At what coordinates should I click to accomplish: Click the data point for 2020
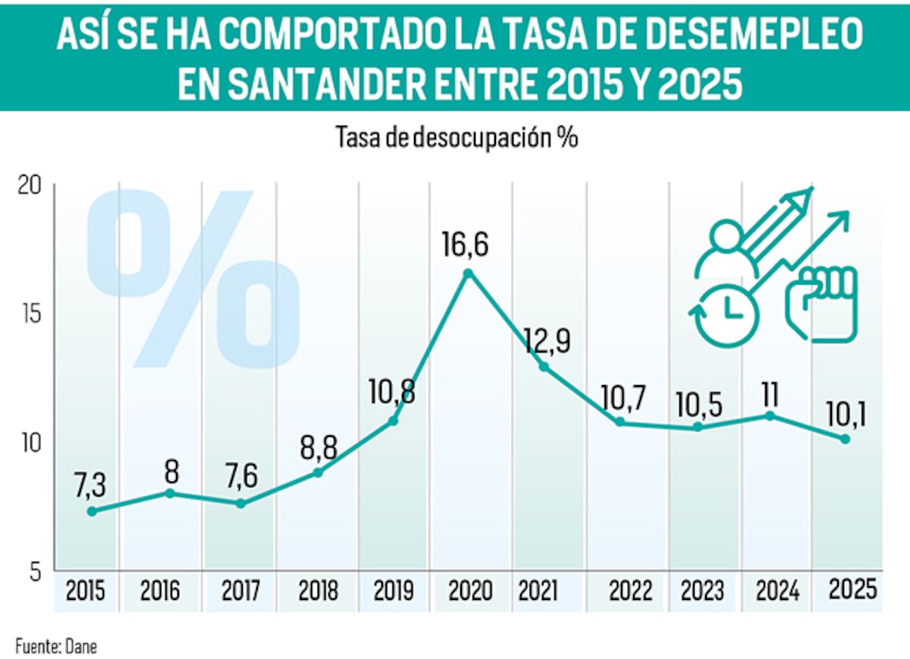click(468, 273)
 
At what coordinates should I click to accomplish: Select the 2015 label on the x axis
click(86, 590)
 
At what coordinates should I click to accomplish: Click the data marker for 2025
click(845, 438)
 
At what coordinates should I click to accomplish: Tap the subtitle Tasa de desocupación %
click(457, 138)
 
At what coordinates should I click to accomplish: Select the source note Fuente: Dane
click(56, 646)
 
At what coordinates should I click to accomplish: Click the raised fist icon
click(821, 302)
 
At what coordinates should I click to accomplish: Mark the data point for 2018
click(318, 472)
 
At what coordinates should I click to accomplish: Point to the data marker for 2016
click(171, 493)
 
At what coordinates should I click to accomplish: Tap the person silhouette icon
click(726, 250)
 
